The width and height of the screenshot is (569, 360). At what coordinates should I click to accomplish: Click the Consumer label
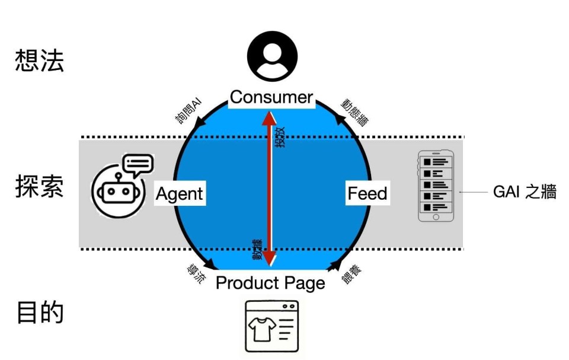pos(271,97)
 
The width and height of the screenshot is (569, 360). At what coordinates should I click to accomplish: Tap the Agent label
pos(180,193)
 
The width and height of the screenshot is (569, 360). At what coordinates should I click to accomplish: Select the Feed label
pos(367,193)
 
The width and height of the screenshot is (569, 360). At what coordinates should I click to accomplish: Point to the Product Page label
pos(270,283)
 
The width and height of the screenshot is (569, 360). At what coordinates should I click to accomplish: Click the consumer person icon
pos(272,57)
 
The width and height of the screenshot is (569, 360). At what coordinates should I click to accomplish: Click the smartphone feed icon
pos(436,186)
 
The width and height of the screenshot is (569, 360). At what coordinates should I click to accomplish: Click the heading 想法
pos(39,61)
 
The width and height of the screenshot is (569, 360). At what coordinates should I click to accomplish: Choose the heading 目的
pos(39,313)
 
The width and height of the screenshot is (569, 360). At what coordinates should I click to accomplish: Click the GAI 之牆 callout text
pos(525,192)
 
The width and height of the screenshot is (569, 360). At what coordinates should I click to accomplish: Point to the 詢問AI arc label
pos(189,111)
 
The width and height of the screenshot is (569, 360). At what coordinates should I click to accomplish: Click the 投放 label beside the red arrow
pos(280,138)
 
